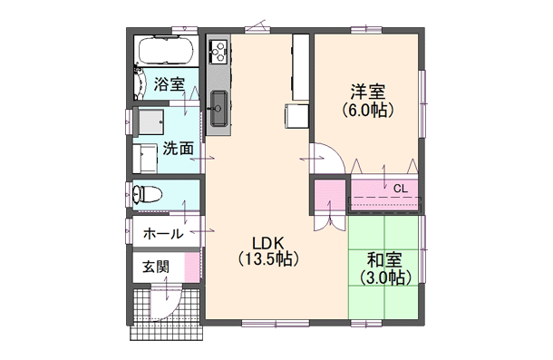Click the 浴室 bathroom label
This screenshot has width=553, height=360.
[x=170, y=84]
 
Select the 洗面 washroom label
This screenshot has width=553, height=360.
[x=178, y=149]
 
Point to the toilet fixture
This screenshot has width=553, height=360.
[x=149, y=194]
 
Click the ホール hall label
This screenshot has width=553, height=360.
[x=163, y=233]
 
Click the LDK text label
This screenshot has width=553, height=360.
[x=268, y=243]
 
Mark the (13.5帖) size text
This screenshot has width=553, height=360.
[x=268, y=259]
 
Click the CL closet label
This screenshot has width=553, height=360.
[x=400, y=188]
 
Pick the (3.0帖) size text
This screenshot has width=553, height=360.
[x=384, y=278]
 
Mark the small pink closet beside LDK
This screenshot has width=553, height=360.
[x=328, y=195]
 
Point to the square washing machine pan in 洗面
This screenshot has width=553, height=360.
[x=150, y=121]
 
